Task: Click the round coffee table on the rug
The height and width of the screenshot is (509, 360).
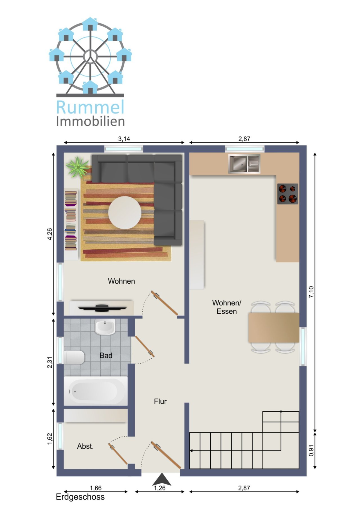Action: (x=125, y=212)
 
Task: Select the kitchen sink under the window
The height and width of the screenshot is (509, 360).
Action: (x=244, y=164)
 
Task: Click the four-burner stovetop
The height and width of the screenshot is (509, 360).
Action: (x=287, y=194)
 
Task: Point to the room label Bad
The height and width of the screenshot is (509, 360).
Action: (x=106, y=356)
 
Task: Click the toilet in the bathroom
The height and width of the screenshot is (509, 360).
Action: (x=74, y=358)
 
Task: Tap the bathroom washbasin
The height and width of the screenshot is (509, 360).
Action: (x=105, y=327)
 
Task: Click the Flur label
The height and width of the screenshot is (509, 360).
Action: (x=160, y=401)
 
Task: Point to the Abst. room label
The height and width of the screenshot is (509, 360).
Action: (x=85, y=446)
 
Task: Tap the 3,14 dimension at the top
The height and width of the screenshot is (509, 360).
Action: (x=124, y=139)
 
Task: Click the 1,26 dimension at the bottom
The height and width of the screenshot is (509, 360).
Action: (x=160, y=488)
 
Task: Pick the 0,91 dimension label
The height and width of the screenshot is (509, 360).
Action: (x=311, y=451)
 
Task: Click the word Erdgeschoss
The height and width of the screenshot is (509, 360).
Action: (x=80, y=497)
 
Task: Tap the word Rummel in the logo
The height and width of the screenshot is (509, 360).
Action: (x=90, y=107)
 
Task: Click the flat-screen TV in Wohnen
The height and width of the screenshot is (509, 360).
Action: (x=102, y=307)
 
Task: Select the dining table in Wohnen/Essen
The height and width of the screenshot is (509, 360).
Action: (x=273, y=327)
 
